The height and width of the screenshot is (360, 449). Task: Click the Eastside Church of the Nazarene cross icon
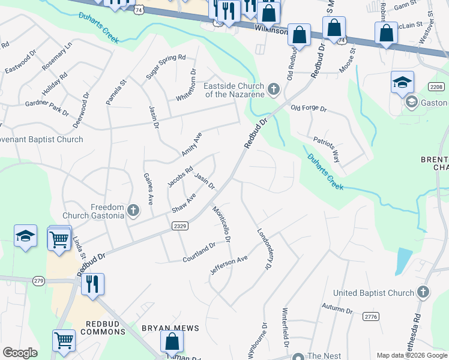click(x=274, y=90)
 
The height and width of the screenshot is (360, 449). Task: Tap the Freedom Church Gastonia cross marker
click(x=133, y=211)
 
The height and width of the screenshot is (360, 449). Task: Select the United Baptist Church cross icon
click(x=423, y=292)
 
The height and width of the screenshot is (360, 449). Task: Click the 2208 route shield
click(x=437, y=88)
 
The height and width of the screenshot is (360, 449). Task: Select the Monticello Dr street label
click(x=221, y=224)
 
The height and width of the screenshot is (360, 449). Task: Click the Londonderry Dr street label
click(x=262, y=248)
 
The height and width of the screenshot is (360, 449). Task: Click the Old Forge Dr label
click(x=308, y=109)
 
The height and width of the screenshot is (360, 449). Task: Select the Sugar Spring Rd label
click(x=166, y=68)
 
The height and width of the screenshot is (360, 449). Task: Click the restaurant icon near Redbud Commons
click(x=92, y=284)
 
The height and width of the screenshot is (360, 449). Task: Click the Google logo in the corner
click(x=20, y=353)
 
